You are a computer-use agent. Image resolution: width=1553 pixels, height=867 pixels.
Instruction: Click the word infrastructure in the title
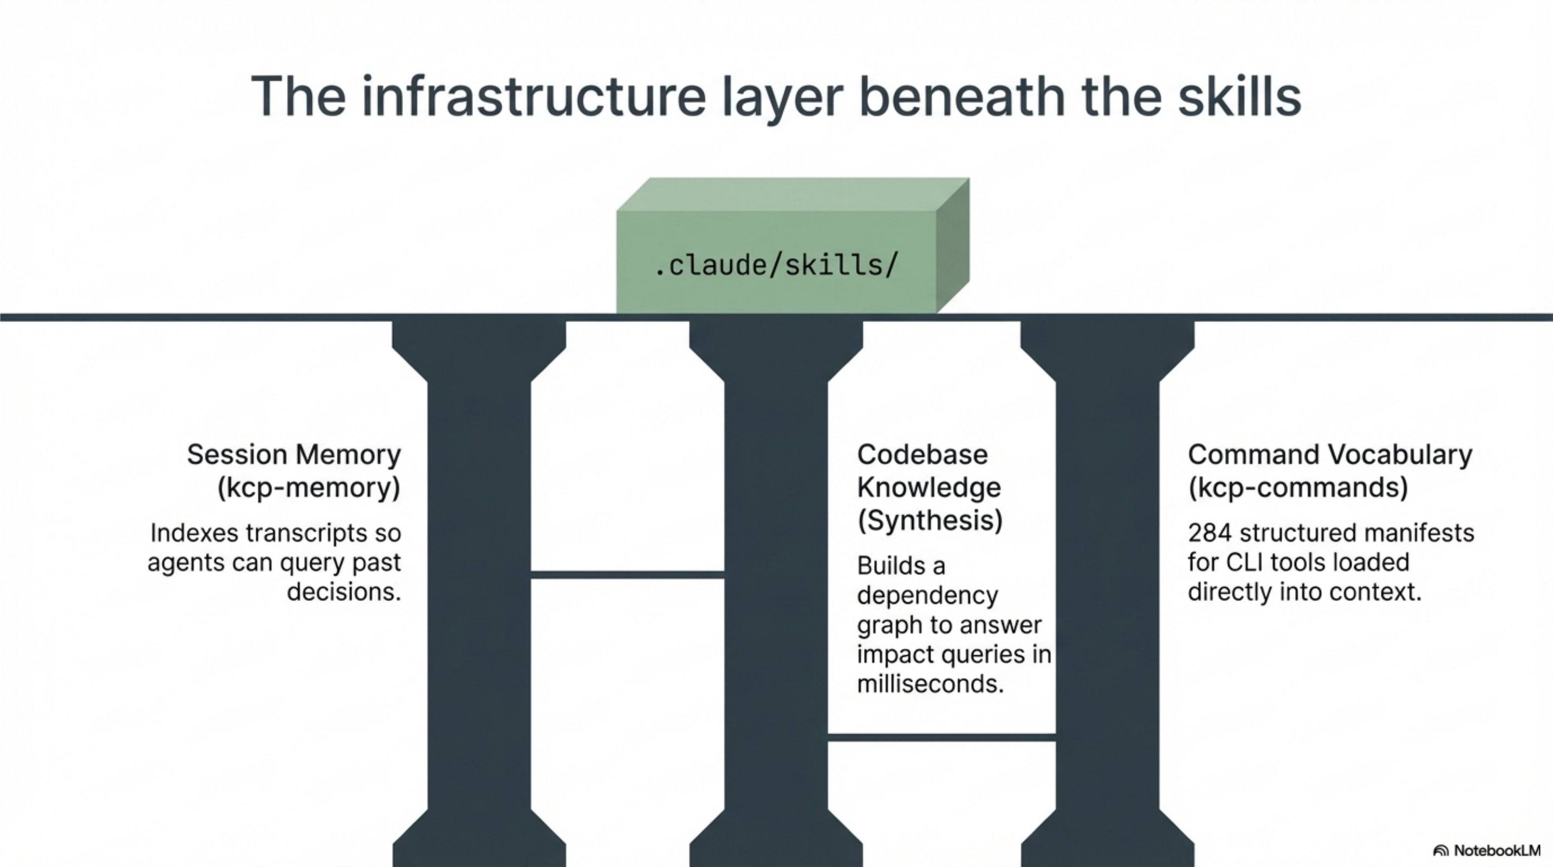(533, 96)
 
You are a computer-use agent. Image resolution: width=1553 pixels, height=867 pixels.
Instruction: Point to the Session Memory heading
(294, 455)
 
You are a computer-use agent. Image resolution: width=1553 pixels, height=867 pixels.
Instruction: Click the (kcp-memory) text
(309, 487)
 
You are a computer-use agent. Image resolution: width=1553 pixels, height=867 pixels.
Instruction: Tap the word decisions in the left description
(343, 592)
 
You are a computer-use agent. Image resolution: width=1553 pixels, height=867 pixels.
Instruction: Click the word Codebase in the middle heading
(922, 455)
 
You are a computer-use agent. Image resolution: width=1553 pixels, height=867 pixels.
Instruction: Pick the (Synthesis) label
(930, 520)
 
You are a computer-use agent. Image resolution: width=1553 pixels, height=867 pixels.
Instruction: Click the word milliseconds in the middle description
(930, 684)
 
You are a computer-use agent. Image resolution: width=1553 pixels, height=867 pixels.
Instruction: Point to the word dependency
(927, 596)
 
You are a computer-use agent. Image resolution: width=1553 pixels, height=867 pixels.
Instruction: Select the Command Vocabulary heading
(1330, 455)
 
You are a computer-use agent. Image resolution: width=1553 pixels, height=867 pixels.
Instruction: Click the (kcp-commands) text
(1297, 487)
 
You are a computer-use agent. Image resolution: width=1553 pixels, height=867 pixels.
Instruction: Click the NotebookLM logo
(1487, 851)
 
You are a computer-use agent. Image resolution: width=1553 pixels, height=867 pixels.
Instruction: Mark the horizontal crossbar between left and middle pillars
(627, 574)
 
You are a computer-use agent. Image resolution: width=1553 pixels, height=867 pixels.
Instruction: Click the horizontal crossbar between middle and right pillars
(941, 737)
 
